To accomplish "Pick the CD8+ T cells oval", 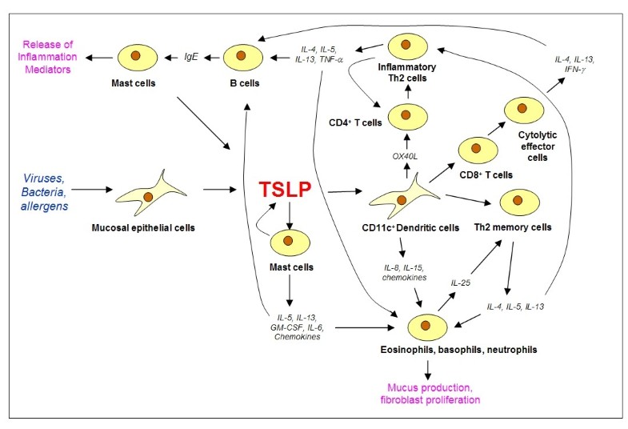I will pyautogui.click(x=476, y=148).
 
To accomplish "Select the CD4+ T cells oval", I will pyautogui.click(x=407, y=116).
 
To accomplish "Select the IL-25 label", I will pyautogui.click(x=462, y=283).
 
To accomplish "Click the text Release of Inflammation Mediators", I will pyautogui.click(x=46, y=58).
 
